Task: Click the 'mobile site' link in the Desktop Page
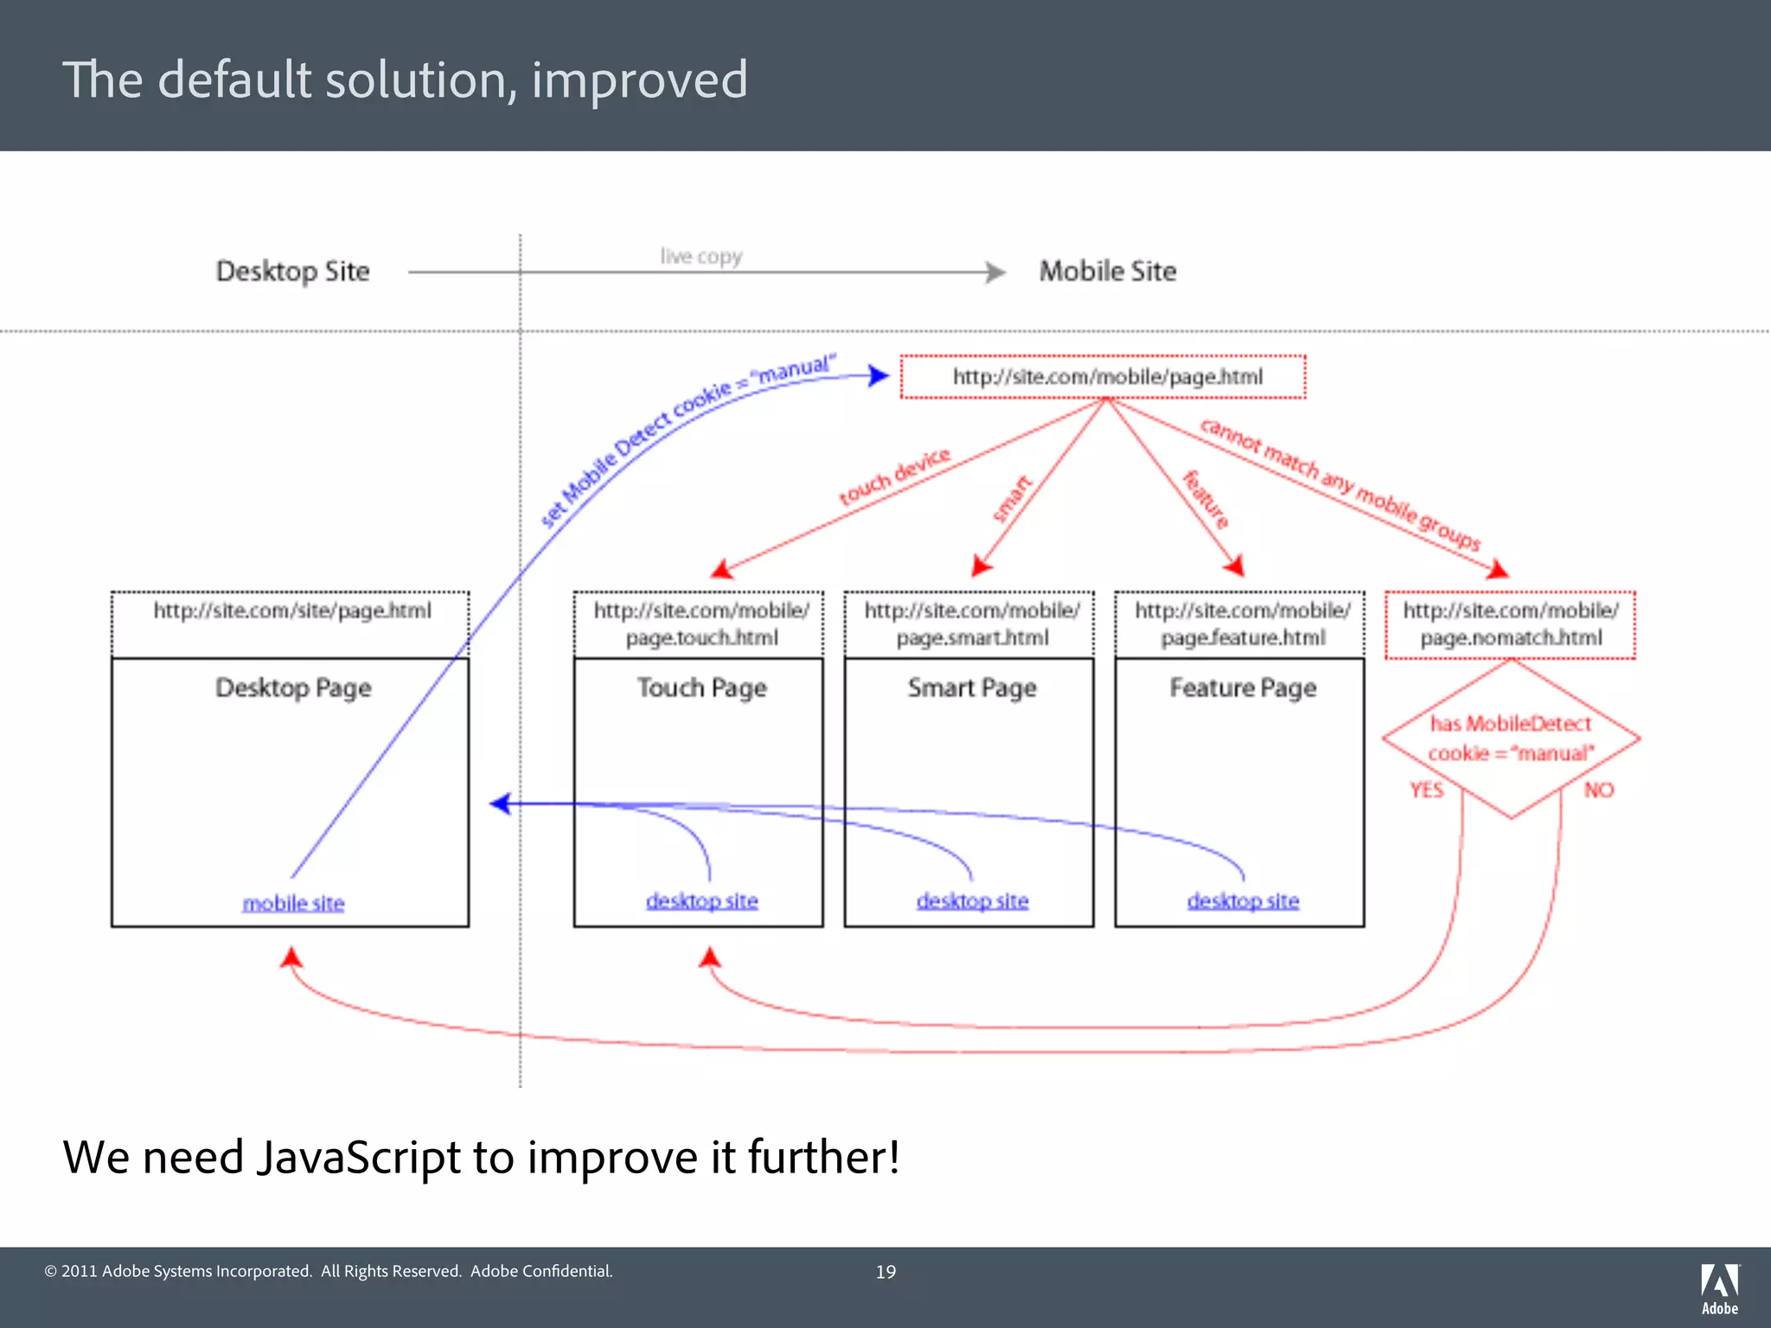(x=293, y=903)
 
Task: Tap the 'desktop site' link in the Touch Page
(x=701, y=901)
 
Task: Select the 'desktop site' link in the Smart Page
(x=972, y=901)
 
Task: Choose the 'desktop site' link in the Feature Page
(x=1243, y=901)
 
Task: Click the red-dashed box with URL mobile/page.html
(x=1103, y=377)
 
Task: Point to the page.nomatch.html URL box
(x=1510, y=624)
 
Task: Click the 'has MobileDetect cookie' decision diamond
(x=1510, y=738)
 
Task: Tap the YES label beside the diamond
(x=1426, y=790)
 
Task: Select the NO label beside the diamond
(x=1599, y=790)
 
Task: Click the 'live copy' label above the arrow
(x=701, y=257)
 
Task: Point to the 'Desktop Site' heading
(x=292, y=271)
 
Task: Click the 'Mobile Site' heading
(x=1107, y=271)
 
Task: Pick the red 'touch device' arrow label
(x=894, y=476)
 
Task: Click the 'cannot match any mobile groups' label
(x=1339, y=484)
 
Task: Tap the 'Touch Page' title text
(x=701, y=688)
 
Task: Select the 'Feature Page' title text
(x=1243, y=688)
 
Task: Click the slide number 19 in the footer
(x=885, y=1272)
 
